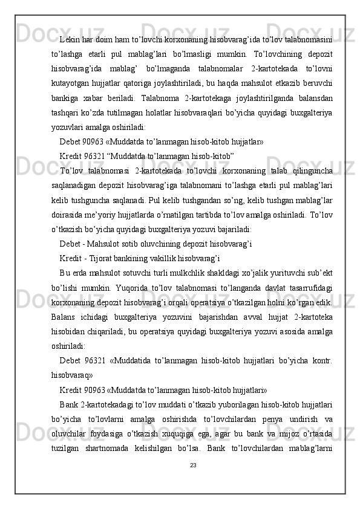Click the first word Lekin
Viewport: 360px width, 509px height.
point(71,40)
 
